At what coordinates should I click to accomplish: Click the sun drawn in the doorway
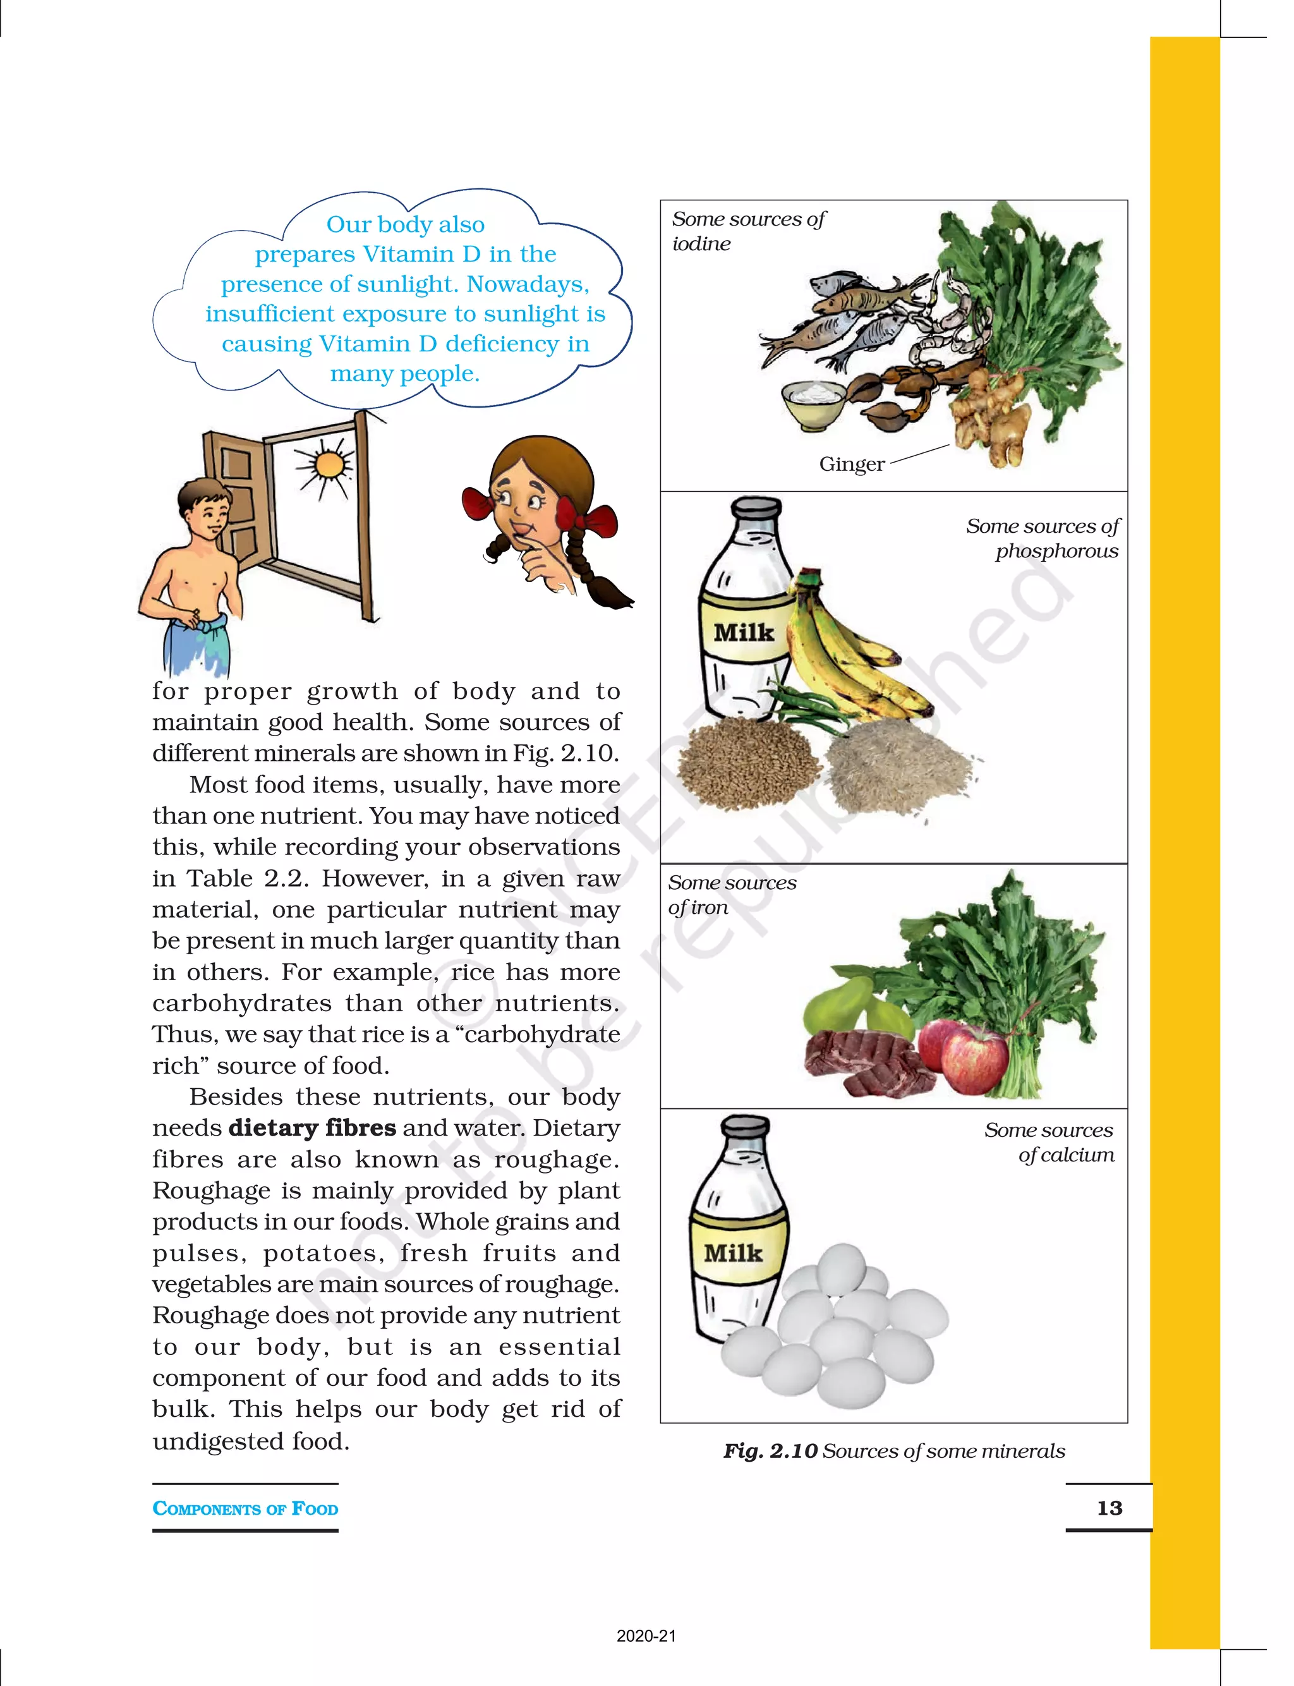click(x=329, y=464)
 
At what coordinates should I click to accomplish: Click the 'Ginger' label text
click(x=851, y=464)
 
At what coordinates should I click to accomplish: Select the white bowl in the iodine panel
click(x=813, y=404)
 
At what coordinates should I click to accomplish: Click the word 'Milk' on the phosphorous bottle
click(x=743, y=633)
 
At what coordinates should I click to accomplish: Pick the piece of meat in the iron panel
click(x=862, y=1059)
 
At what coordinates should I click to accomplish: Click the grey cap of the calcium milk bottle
click(x=745, y=1127)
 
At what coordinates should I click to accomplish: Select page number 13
click(x=1109, y=1508)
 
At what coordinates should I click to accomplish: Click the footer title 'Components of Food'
click(x=245, y=1508)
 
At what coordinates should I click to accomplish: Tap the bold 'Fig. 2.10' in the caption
click(x=770, y=1451)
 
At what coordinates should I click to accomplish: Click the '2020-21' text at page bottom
click(x=646, y=1636)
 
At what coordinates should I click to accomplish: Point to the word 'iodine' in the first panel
click(x=701, y=244)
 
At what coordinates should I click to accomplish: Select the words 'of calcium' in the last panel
click(x=1066, y=1155)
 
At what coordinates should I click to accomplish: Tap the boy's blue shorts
click(x=197, y=643)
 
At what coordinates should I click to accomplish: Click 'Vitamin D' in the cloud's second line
click(x=421, y=254)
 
